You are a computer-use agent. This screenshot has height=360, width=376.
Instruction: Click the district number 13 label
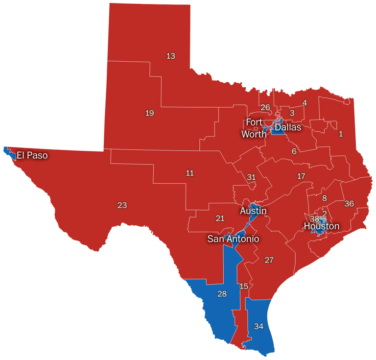pyautogui.click(x=170, y=56)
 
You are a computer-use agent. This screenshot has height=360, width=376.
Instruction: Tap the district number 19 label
pyautogui.click(x=150, y=113)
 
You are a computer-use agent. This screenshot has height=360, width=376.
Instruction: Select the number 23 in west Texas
pyautogui.click(x=122, y=205)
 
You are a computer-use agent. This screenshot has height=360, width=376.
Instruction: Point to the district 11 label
pyautogui.click(x=190, y=173)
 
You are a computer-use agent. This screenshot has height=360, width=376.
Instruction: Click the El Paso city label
pyautogui.click(x=32, y=156)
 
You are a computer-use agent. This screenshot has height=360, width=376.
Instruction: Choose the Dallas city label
pyautogui.click(x=287, y=127)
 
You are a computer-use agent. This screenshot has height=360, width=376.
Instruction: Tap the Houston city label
pyautogui.click(x=321, y=226)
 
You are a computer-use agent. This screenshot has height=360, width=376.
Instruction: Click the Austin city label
pyautogui.click(x=253, y=211)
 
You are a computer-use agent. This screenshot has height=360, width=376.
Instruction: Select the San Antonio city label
pyautogui.click(x=233, y=239)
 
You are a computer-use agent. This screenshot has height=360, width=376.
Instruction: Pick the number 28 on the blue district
pyautogui.click(x=222, y=294)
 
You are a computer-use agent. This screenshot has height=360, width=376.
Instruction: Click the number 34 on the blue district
pyautogui.click(x=258, y=326)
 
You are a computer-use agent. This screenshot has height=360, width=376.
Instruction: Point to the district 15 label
pyautogui.click(x=244, y=286)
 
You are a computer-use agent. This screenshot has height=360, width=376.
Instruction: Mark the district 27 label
pyautogui.click(x=269, y=260)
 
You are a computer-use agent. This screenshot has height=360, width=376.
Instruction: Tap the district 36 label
pyautogui.click(x=349, y=203)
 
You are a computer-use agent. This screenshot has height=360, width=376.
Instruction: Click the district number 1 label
pyautogui.click(x=341, y=134)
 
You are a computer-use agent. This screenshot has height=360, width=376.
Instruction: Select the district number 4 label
pyautogui.click(x=305, y=103)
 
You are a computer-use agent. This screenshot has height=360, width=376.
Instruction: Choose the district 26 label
pyautogui.click(x=265, y=107)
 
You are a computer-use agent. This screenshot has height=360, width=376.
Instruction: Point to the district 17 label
pyautogui.click(x=301, y=176)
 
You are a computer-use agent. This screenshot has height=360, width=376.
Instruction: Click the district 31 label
pyautogui.click(x=251, y=177)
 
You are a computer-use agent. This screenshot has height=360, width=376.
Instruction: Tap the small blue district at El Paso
pyautogui.click(x=8, y=152)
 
